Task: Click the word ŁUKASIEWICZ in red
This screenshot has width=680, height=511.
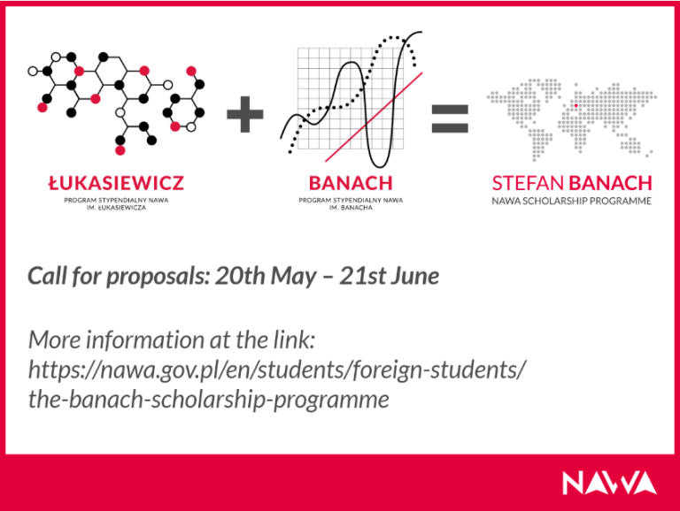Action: [115, 184]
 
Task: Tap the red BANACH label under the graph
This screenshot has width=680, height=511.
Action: [350, 184]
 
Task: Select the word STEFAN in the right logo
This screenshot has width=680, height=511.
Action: [528, 184]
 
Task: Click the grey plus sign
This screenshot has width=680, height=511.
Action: [245, 117]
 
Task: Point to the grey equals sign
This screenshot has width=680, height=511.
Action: [450, 118]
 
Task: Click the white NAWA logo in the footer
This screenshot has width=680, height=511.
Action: [609, 483]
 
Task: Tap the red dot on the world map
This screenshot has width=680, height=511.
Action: [576, 106]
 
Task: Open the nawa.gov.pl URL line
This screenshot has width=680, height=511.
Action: [277, 370]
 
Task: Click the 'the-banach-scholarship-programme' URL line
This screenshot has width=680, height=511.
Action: [209, 400]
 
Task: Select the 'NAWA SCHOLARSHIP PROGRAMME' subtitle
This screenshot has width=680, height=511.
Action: [572, 202]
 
